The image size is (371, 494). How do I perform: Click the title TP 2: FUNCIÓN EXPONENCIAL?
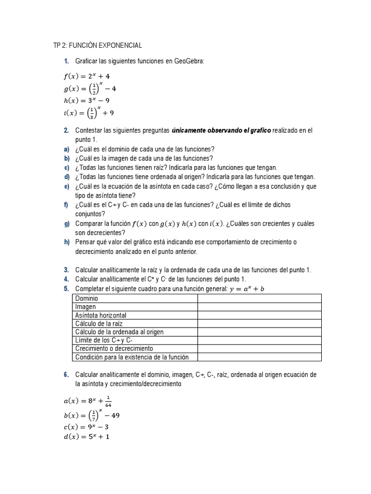coord(98,45)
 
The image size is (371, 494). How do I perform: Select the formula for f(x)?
coord(86,76)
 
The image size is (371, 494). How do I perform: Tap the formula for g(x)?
coord(89,89)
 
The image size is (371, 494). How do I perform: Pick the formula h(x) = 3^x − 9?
coord(86,101)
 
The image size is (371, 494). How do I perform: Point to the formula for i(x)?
coord(88,113)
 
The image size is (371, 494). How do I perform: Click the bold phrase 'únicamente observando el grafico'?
coord(221,130)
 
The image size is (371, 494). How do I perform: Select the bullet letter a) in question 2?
coord(67,149)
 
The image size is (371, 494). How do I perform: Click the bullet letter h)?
coord(67,242)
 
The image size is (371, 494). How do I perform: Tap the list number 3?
coord(66,270)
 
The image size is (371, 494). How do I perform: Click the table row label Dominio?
coord(87,299)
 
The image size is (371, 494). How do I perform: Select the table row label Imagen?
coord(86,307)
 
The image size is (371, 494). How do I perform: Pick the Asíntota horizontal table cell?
coord(101,316)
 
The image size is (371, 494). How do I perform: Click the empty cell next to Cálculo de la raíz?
coord(259,324)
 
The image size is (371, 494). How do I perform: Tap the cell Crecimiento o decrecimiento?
coord(114,348)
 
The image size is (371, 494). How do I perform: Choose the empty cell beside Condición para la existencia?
coord(259,357)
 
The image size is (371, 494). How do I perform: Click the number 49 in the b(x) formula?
coord(115,415)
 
